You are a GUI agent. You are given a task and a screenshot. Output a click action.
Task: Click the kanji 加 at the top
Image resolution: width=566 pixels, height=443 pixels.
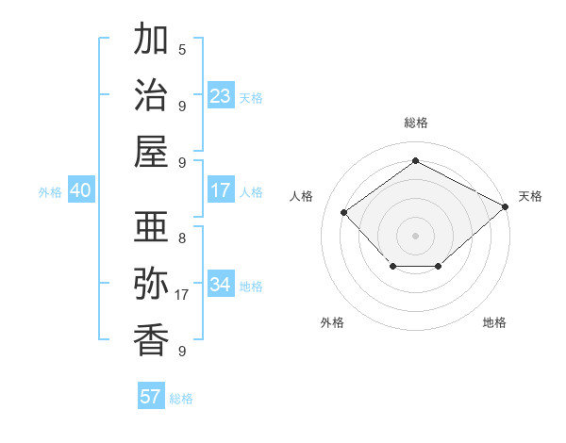[152, 41]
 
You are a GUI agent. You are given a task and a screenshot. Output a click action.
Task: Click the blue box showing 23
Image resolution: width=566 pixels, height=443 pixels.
[221, 96]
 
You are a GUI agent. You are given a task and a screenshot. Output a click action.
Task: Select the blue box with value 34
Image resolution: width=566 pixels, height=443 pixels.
[221, 285]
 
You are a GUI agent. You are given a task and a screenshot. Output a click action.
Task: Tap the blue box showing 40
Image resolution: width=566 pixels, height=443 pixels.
[80, 190]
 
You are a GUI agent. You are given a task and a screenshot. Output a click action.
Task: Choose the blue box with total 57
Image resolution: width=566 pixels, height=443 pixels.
[151, 397]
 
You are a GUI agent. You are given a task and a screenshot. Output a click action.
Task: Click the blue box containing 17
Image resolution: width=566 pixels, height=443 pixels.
[221, 190]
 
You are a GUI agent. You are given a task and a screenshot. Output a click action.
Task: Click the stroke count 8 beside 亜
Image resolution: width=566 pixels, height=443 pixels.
[182, 238]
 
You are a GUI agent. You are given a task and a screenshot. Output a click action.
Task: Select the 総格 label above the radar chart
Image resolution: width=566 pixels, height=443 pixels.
[416, 123]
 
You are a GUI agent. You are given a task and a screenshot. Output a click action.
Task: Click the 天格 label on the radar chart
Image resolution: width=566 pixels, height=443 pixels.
[530, 196]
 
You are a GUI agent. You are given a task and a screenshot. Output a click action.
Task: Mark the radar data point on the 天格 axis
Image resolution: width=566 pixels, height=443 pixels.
[507, 205]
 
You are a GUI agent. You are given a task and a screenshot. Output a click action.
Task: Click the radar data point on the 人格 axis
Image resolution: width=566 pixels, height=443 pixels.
[344, 212]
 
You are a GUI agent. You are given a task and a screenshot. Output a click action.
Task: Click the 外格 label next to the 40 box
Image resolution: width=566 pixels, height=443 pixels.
[50, 191]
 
